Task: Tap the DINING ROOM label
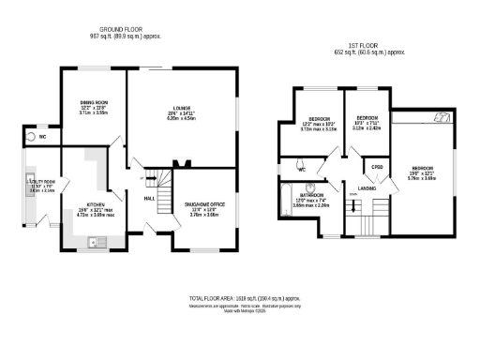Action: tap(94, 101)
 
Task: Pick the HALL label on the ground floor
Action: tap(148, 199)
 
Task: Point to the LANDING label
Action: tap(367, 188)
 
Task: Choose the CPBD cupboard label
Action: tap(377, 167)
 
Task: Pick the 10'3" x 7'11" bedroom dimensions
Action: tap(365, 124)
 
